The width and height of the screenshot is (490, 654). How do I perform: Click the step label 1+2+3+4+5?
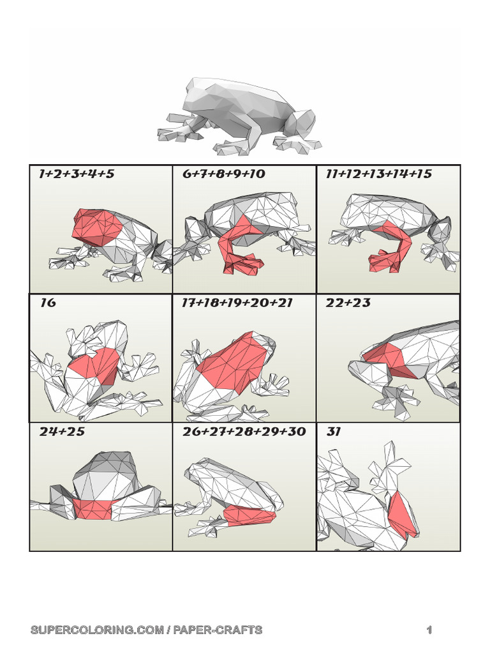click(x=77, y=174)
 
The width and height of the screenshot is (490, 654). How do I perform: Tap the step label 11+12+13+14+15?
click(x=378, y=174)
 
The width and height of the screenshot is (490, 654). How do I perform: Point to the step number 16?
click(x=47, y=303)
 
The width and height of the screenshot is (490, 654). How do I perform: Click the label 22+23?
click(x=348, y=303)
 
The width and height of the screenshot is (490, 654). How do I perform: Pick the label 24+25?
click(x=62, y=432)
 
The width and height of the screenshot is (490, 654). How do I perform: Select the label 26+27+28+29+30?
click(x=244, y=432)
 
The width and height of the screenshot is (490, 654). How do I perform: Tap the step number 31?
click(x=334, y=432)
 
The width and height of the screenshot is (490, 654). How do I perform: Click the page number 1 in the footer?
click(x=429, y=630)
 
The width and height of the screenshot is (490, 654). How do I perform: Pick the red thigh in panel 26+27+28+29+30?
click(x=250, y=513)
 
